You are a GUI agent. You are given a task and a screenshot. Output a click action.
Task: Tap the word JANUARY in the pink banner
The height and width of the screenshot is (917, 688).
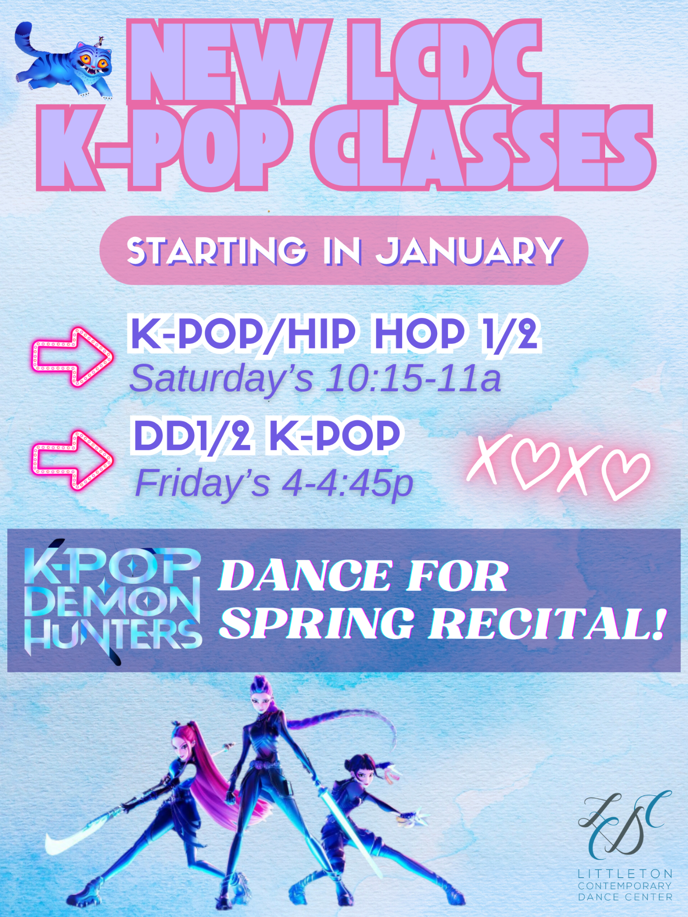click(x=469, y=251)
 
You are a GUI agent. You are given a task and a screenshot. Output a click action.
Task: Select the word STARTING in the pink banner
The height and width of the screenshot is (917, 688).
click(x=217, y=251)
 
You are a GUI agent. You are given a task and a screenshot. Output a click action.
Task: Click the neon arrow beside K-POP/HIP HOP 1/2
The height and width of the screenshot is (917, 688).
click(x=72, y=357)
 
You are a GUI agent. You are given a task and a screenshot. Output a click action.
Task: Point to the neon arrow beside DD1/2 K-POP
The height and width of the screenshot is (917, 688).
click(x=72, y=460)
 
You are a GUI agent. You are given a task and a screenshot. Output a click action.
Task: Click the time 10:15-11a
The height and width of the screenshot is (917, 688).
click(x=413, y=379)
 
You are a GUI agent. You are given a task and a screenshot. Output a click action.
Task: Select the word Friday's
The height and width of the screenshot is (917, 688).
click(x=202, y=484)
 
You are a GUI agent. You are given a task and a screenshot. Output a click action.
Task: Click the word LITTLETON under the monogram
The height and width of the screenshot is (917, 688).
click(x=625, y=874)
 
